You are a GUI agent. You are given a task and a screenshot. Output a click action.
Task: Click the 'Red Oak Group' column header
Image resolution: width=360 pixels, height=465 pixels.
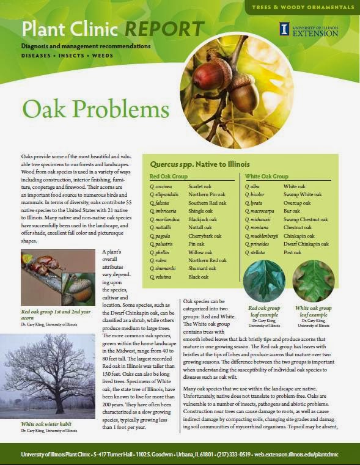click(169, 176)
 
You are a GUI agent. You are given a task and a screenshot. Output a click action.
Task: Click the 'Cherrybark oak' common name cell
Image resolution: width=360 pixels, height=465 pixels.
click(205, 235)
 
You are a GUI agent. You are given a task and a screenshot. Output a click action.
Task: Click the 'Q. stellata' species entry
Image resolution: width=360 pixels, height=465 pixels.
click(255, 252)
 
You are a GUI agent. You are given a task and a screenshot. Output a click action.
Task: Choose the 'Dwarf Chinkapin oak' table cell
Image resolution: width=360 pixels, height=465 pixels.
click(306, 244)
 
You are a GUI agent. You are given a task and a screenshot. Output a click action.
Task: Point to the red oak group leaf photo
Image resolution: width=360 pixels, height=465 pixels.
click(264, 280)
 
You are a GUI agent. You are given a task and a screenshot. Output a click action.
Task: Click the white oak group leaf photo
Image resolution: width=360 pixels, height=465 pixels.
click(313, 280)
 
